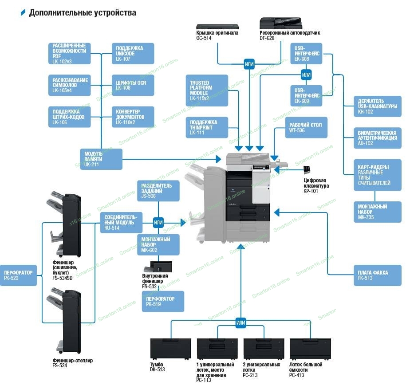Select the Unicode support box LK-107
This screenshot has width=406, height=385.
133,53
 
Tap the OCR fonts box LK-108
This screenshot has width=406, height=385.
133,85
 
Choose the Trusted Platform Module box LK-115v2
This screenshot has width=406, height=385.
207,90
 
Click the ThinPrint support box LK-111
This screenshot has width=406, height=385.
207,127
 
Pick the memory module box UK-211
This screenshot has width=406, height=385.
101,159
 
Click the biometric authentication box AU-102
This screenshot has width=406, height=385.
377,138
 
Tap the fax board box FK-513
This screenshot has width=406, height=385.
377,275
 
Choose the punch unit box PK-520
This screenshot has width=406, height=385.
18,275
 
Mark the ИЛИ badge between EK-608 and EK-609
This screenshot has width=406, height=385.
306,74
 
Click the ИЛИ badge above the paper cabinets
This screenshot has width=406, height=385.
240,323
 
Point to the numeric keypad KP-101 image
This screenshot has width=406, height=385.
307,171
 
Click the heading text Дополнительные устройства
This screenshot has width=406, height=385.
83,12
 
